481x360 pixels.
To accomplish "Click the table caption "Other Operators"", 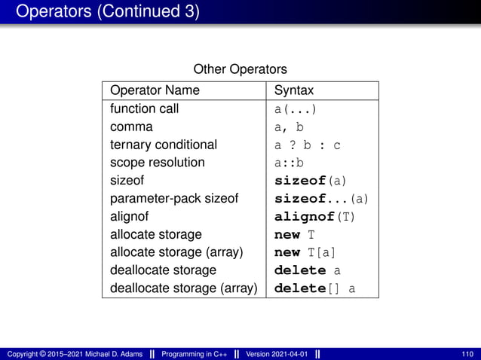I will pos(240,70).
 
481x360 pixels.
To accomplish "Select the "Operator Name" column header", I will pos(155,90).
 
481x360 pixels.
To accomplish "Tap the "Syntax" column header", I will pos(294,90).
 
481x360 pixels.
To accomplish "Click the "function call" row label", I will pos(144,108).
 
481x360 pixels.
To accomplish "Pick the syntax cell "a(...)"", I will pos(295,108).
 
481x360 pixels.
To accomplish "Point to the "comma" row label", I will pos(131,127).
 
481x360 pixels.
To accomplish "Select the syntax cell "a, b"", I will pos(289,127).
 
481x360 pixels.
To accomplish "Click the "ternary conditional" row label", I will pos(163,145).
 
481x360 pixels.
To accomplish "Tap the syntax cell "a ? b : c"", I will pos(307,145).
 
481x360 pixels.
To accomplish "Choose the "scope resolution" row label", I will pos(157,162).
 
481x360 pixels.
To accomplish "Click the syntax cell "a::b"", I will pos(289,162).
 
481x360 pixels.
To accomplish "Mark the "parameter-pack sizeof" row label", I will pos(174,198).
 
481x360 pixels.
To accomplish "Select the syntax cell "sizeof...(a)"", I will pos(321,198).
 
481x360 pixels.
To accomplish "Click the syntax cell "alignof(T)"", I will pos(314,216).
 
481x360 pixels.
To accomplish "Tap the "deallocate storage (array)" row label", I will pos(183,288).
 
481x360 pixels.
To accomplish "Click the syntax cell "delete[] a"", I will pos(314,288).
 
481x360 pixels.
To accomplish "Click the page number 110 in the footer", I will pos(467,353).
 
